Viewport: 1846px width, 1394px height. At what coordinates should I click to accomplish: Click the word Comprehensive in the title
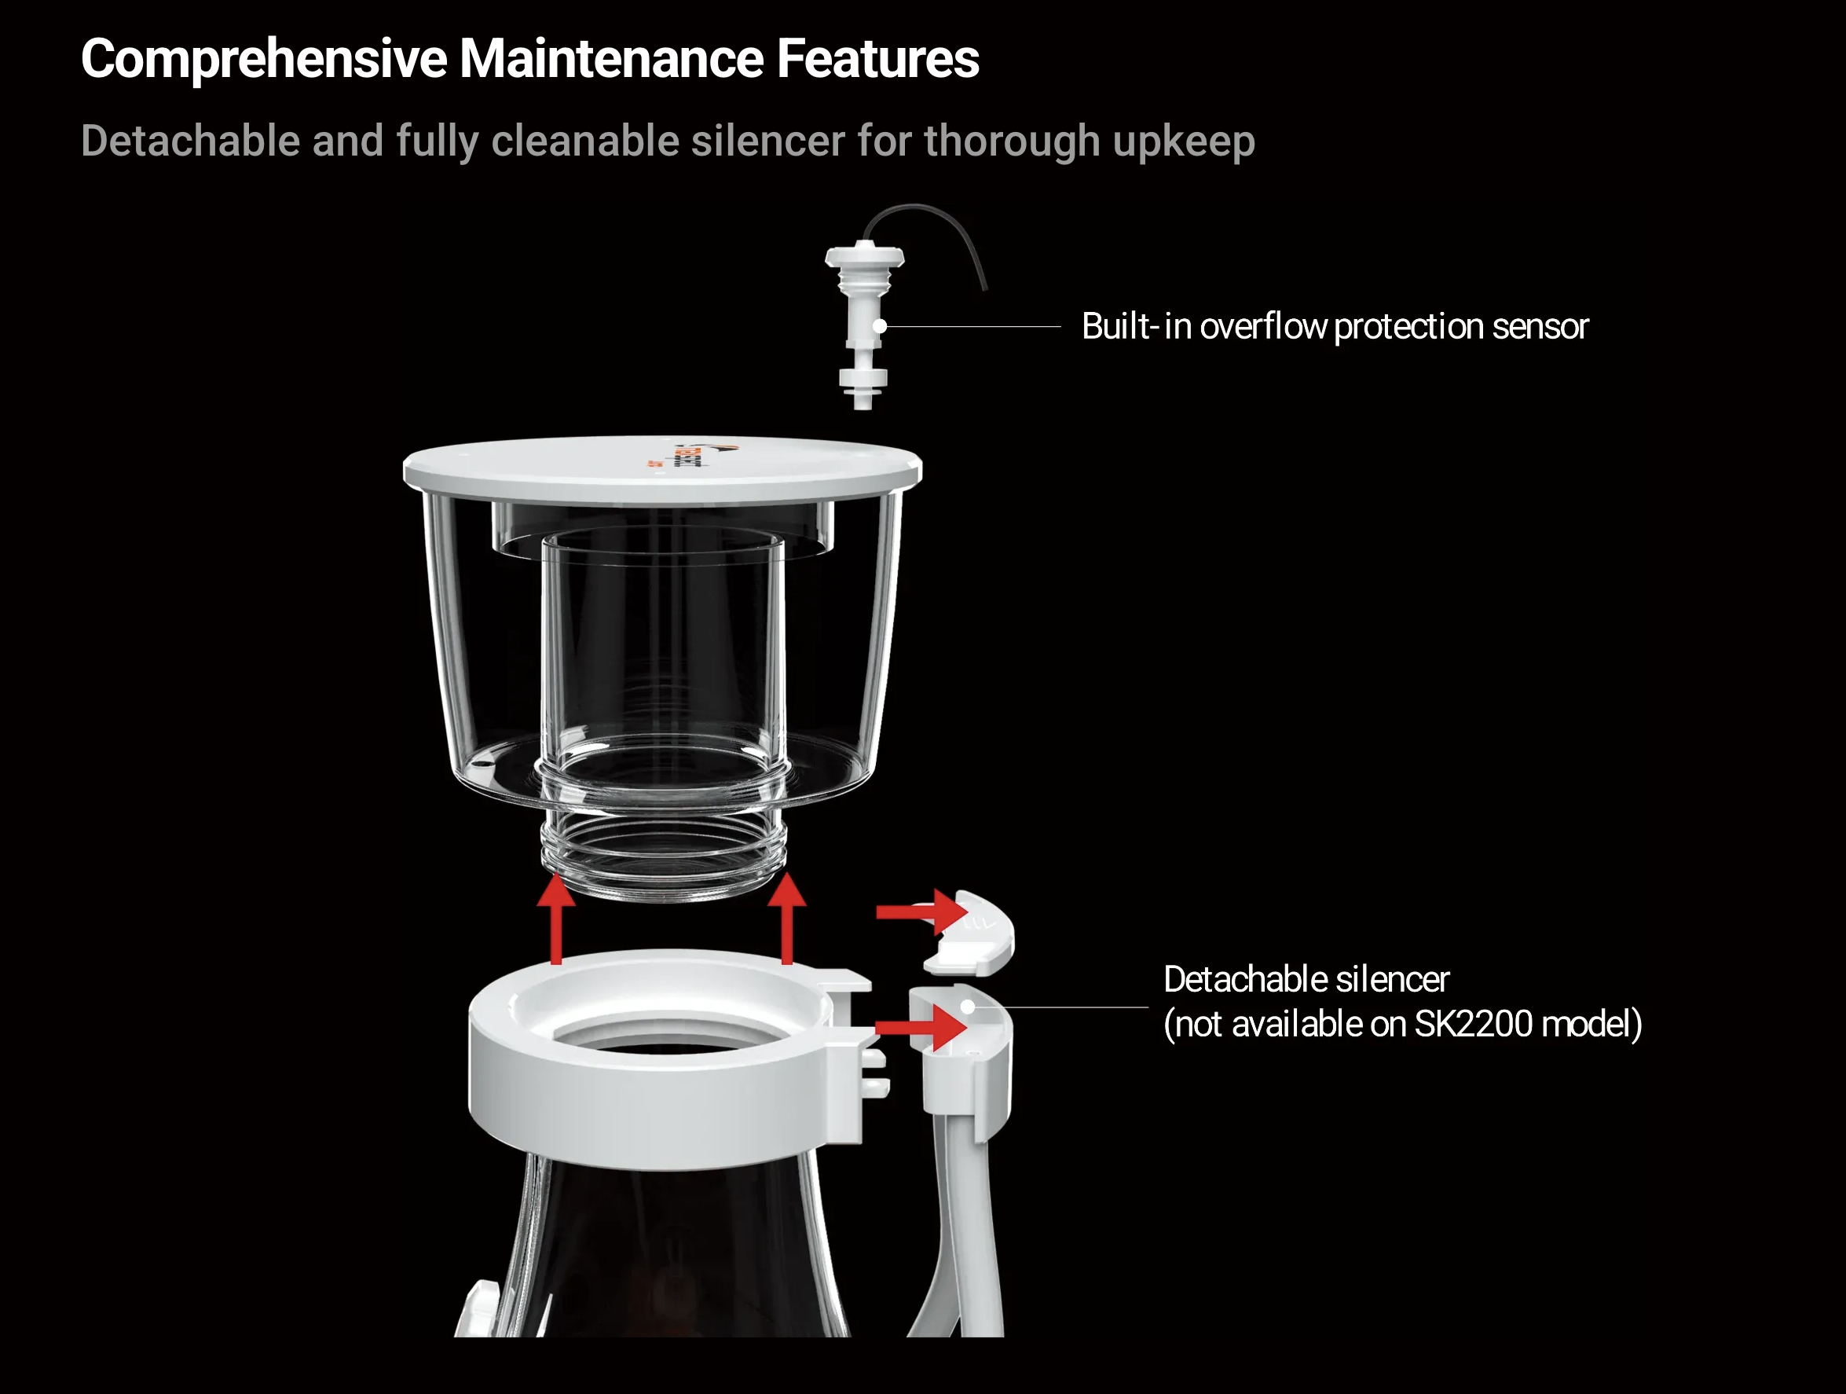pos(265,59)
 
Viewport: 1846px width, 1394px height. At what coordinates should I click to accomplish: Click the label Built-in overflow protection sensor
pos(1335,326)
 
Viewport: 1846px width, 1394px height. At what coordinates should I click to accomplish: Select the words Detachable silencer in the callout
pos(1306,979)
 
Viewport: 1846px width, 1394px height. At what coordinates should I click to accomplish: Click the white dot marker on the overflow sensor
pos(880,326)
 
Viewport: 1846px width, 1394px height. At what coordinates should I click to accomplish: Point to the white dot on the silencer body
pos(967,1007)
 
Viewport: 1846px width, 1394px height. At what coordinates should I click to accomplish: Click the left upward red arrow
pos(556,919)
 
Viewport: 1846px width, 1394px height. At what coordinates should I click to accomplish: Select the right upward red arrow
pos(786,919)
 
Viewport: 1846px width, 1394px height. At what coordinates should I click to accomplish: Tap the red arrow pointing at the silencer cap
pos(921,912)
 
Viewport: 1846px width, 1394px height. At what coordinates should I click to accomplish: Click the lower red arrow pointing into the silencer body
pos(921,1027)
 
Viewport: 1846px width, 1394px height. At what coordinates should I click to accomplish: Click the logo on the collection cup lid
pos(690,456)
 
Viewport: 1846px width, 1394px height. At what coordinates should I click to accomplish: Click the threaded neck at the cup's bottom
pos(664,852)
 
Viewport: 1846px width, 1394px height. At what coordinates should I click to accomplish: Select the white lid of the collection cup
pos(663,470)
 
